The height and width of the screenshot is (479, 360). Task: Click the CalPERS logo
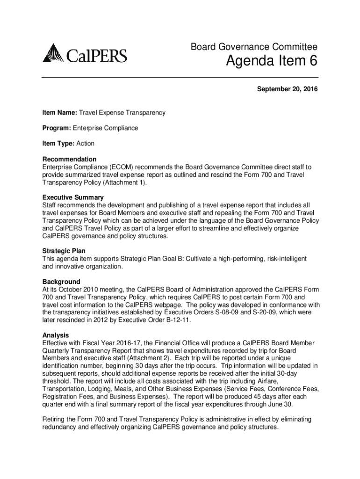point(85,53)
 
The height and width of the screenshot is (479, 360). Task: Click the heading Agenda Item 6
point(271,61)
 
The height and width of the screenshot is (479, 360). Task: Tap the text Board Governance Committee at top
point(254,47)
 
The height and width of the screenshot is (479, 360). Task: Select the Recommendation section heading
point(69,159)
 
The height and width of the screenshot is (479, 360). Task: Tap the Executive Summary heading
point(73,197)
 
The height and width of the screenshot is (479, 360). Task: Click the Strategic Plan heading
point(64,251)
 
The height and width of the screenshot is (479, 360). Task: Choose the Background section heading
point(61,282)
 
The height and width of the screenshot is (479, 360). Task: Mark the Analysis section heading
point(56,335)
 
